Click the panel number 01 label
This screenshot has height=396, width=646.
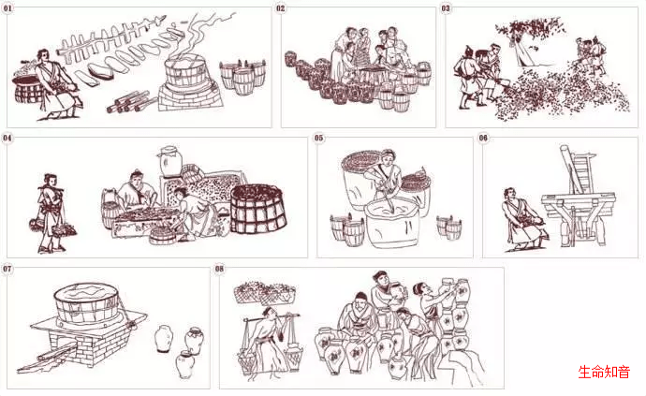pos(7,7)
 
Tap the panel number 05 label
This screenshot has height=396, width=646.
pos(319,138)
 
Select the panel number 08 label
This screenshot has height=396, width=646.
pos(219,269)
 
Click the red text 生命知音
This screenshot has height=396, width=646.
pos(604,372)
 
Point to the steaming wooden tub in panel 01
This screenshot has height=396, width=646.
pos(185,73)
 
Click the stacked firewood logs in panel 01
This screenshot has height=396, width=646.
pos(127,102)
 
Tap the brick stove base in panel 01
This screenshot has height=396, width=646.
pos(190,96)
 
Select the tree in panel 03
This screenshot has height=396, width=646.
pos(529,39)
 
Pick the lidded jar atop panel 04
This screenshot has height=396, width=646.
pos(169,160)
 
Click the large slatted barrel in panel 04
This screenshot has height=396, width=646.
pos(258,208)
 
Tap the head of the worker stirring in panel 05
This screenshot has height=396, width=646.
pos(389,157)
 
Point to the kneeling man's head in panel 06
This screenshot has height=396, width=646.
pos(509,194)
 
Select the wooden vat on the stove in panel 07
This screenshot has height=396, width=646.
pos(86,304)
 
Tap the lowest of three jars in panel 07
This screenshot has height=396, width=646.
pos(185,364)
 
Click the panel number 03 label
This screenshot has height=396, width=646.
pos(446,7)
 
